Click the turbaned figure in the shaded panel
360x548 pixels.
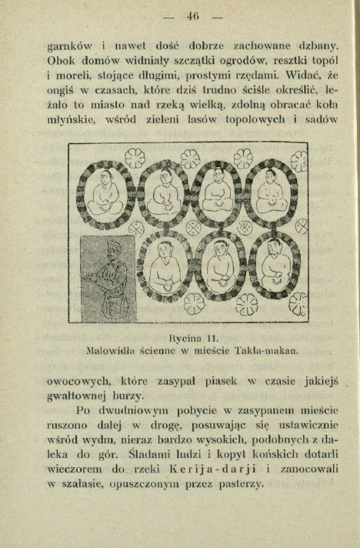pyautogui.click(x=109, y=273)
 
